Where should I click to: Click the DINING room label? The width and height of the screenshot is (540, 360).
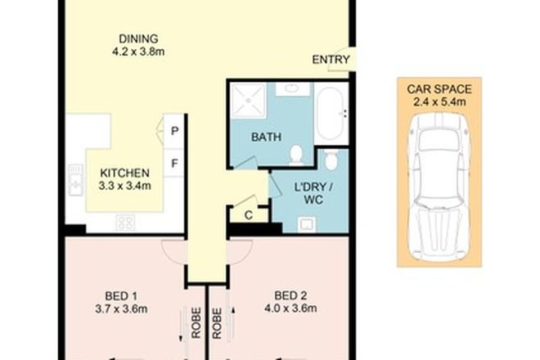pyautogui.click(x=138, y=38)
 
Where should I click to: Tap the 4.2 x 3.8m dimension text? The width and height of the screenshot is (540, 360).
pyautogui.click(x=138, y=52)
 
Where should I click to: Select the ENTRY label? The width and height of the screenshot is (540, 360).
pyautogui.click(x=331, y=60)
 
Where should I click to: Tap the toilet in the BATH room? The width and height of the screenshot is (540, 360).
pyautogui.click(x=296, y=154)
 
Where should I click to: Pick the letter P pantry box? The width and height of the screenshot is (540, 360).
pyautogui.click(x=175, y=130)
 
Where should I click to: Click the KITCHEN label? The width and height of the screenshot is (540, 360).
pyautogui.click(x=124, y=173)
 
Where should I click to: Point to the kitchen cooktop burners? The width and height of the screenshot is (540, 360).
pyautogui.click(x=125, y=221)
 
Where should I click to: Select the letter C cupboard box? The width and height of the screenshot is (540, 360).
pyautogui.click(x=248, y=214)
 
